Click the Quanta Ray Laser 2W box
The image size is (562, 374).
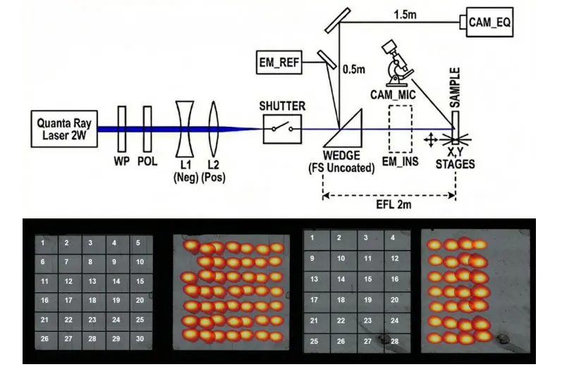pyautogui.click(x=61, y=130)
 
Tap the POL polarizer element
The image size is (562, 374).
pyautogui.click(x=147, y=129)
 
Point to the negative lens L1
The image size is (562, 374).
pyautogui.click(x=186, y=129)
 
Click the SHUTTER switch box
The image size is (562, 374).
pyautogui.click(x=282, y=129)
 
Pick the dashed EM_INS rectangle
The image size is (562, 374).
pyautogui.click(x=401, y=128)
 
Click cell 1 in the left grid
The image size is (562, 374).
pyautogui.click(x=44, y=243)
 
